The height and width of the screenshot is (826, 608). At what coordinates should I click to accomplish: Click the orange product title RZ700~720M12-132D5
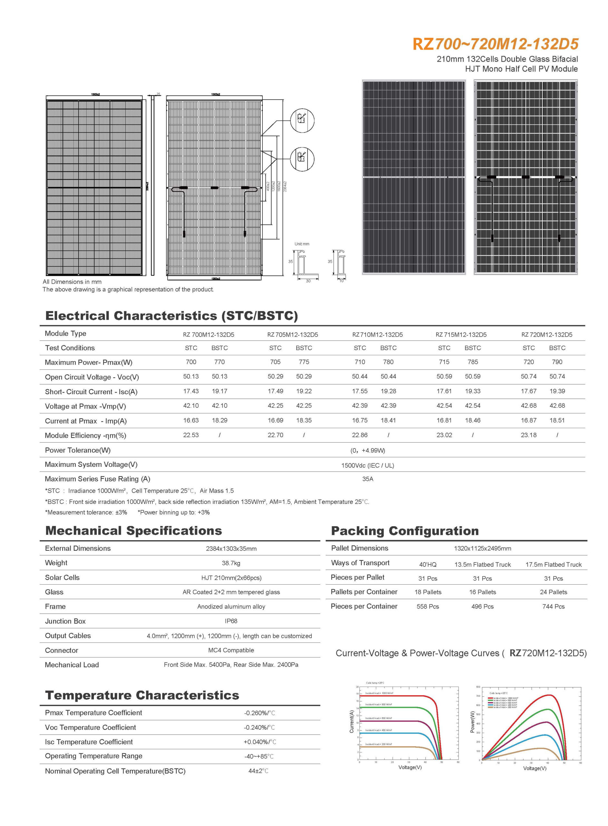coord(495,44)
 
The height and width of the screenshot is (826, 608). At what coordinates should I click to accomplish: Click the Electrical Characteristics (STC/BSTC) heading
coord(171,316)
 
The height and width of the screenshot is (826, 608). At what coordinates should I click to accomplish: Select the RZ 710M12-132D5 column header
coord(377,334)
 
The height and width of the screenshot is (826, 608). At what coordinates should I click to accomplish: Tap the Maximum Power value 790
coord(557,362)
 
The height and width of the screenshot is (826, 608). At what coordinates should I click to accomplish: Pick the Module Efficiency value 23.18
coord(528,435)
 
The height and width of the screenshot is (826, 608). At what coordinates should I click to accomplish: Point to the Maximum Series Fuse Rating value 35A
coord(368,479)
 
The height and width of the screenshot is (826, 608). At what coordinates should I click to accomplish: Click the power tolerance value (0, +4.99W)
coord(368,450)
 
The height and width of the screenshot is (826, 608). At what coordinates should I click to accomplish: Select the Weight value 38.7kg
coord(231,563)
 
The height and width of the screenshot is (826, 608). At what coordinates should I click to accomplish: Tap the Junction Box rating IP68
coord(231,621)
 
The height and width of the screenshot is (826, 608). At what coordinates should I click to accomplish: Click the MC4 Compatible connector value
coord(231,650)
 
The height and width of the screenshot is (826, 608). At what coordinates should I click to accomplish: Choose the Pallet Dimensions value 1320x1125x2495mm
coord(482,548)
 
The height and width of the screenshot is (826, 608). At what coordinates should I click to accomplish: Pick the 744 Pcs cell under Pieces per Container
coord(553,606)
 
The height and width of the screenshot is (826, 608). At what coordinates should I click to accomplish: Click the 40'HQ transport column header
coord(428,565)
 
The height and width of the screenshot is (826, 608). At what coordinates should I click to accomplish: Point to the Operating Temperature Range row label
coord(93,756)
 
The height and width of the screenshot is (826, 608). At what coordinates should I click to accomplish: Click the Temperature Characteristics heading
coord(142,695)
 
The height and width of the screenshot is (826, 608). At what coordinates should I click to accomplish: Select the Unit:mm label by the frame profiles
coord(302,244)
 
